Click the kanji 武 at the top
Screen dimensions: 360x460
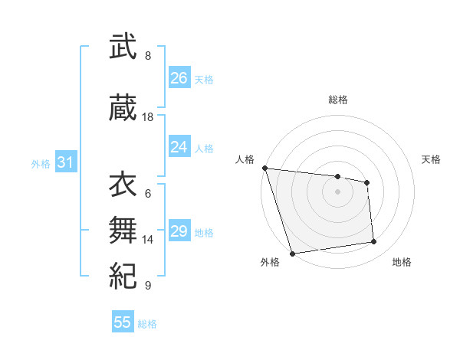[x=123, y=47]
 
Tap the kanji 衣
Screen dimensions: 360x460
[x=123, y=185]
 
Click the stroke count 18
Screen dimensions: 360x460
[x=148, y=117]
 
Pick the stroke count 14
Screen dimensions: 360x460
[x=148, y=239]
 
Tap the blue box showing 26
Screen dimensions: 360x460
[x=179, y=78]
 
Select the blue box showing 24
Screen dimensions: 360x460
[x=179, y=147]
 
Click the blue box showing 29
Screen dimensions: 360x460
[x=179, y=231]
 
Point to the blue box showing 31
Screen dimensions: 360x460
[x=65, y=162]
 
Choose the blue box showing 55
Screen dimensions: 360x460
[x=123, y=322]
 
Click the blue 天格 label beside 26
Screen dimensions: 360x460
[x=204, y=80]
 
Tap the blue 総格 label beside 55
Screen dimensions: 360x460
[x=147, y=324]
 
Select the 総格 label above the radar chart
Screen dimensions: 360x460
[x=337, y=100]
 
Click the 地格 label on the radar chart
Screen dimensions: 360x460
[x=402, y=262]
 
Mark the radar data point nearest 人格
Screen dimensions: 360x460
[x=264, y=168]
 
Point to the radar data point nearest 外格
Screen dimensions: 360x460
[x=292, y=253]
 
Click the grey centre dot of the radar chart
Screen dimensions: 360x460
[x=337, y=191]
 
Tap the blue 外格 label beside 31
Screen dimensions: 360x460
[x=41, y=164]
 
